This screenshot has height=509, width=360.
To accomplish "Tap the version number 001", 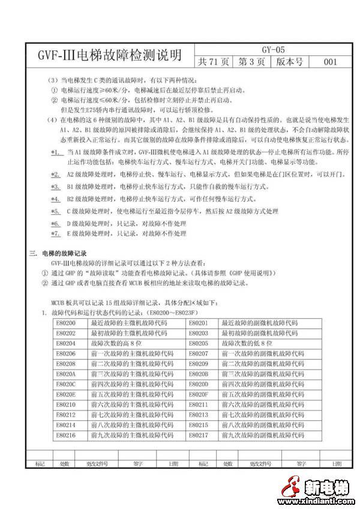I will tap(329, 62).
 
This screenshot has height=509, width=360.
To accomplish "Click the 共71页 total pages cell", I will tap(214, 62).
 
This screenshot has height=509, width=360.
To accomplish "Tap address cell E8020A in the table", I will tap(67, 373).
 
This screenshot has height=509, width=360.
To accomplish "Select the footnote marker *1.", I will tap(56, 152).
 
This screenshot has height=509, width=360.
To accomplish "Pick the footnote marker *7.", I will tap(56, 233).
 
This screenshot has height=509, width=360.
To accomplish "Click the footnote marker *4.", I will tap(56, 199).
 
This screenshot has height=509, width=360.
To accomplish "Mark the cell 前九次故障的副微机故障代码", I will tap(262, 434).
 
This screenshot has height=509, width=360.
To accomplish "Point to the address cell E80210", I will tap(67, 404).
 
